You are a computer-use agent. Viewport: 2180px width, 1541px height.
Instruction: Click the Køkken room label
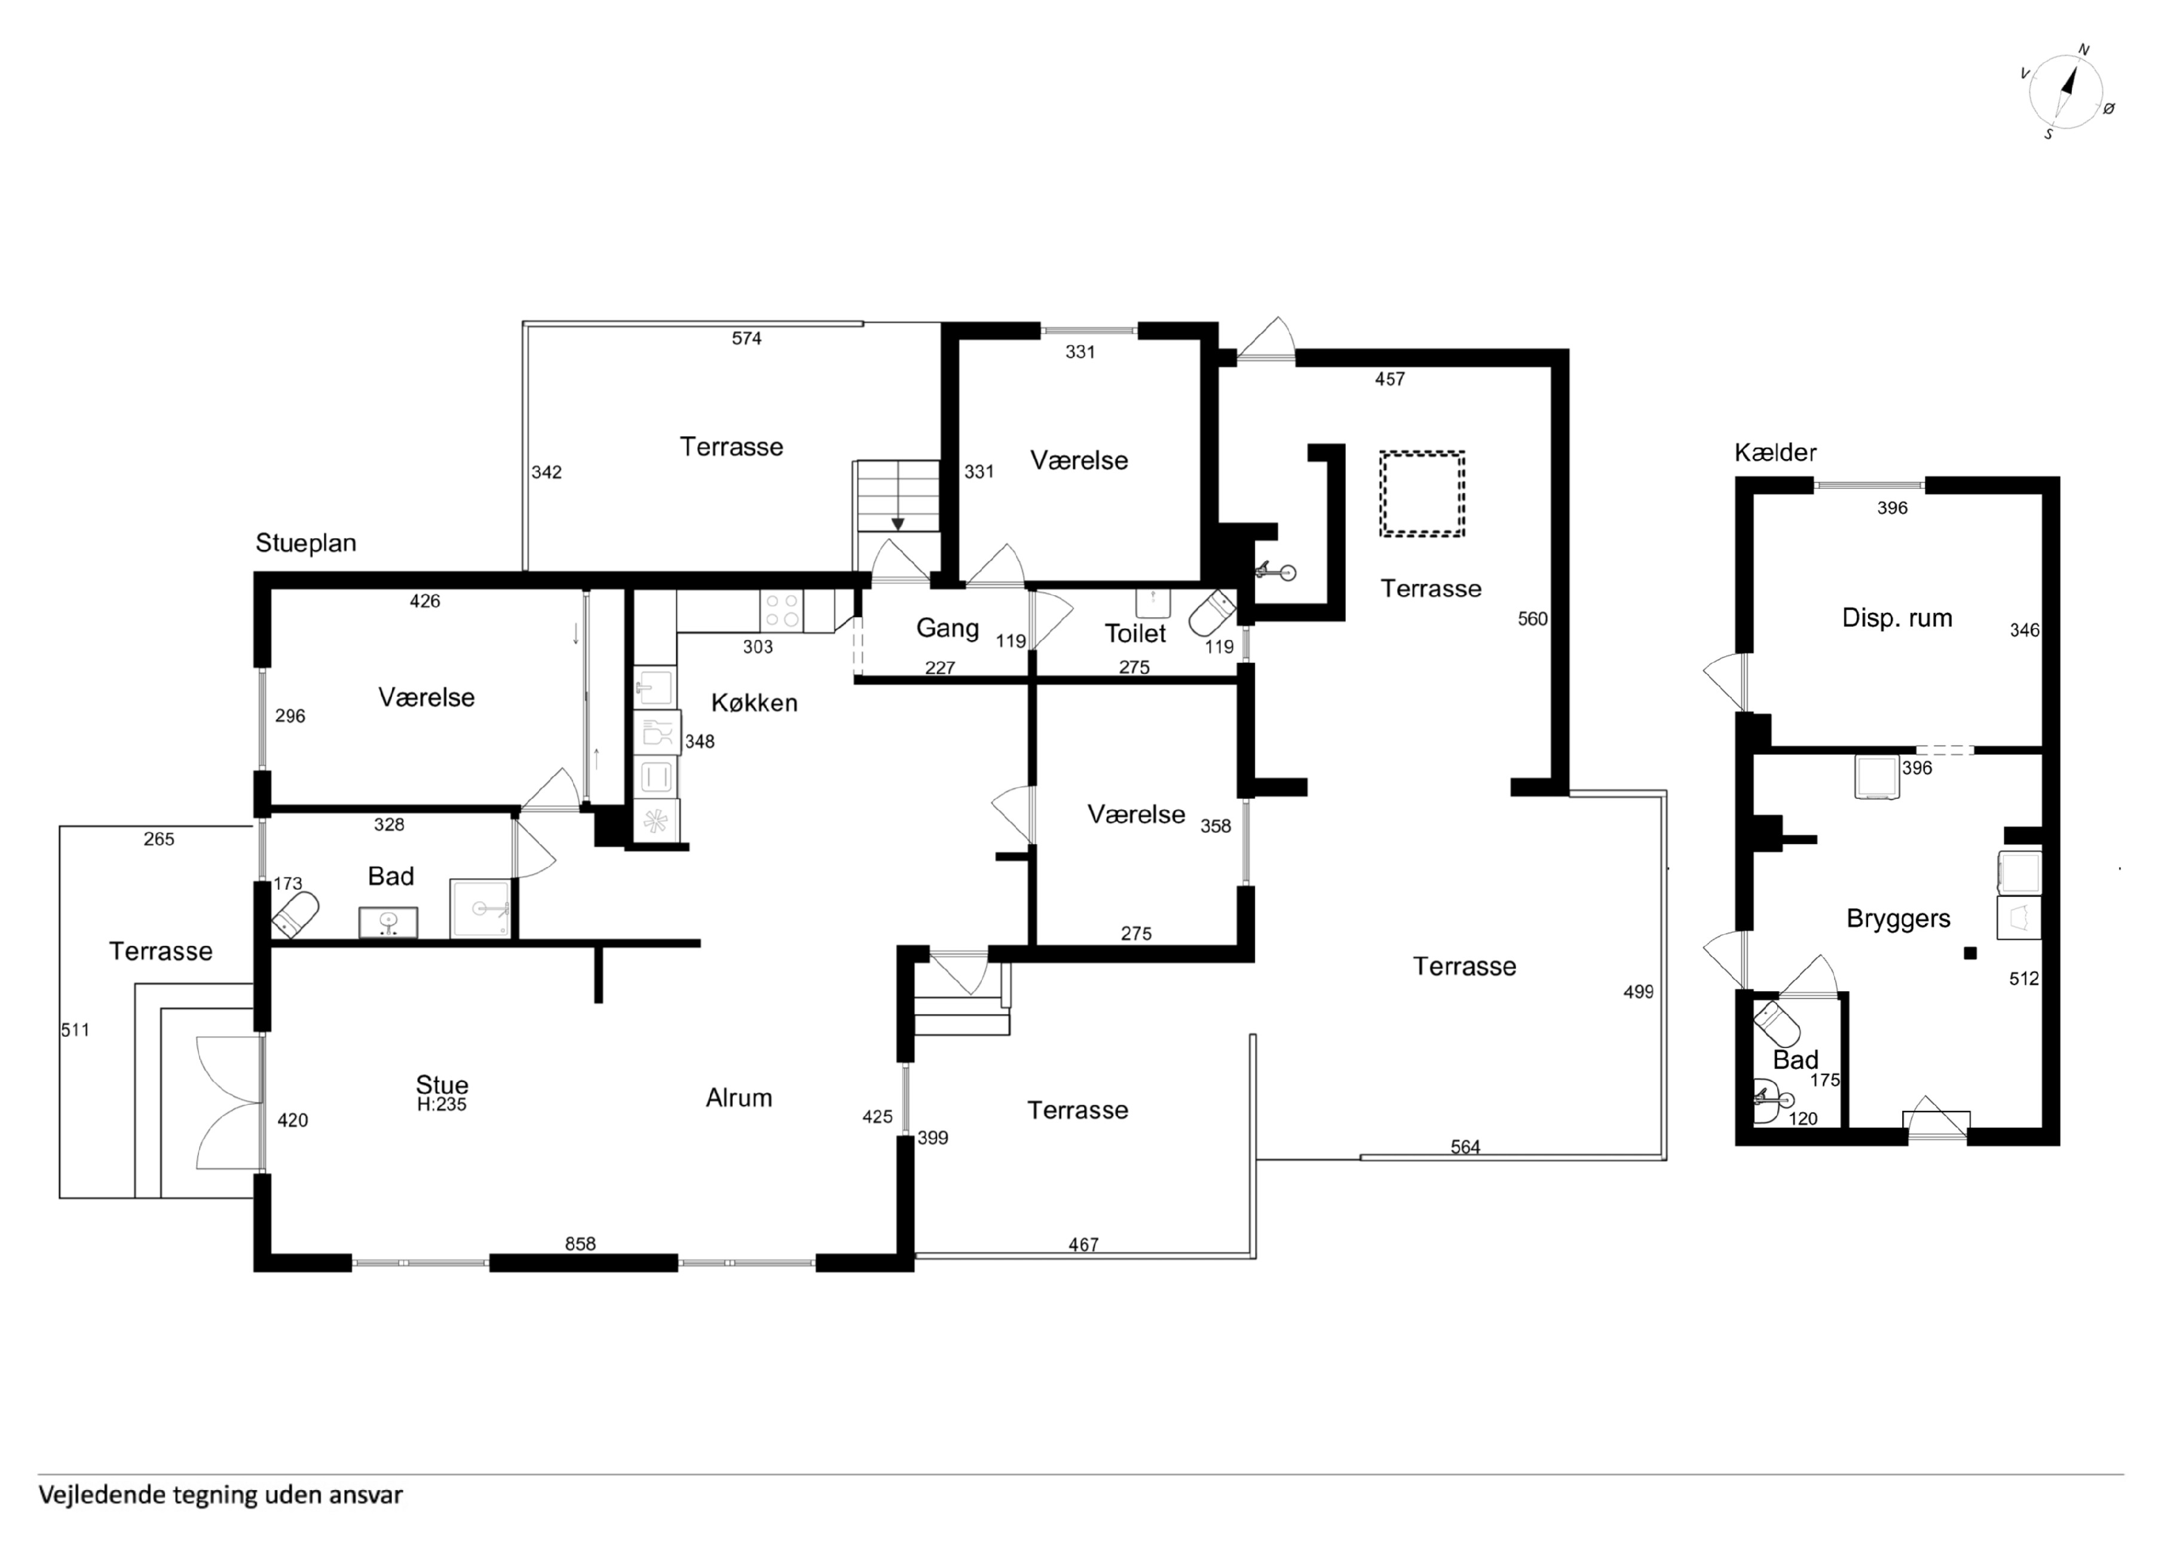(x=754, y=703)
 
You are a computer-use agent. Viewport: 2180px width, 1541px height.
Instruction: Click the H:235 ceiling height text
(x=442, y=1105)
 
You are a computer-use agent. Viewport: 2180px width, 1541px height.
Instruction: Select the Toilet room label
(x=1135, y=633)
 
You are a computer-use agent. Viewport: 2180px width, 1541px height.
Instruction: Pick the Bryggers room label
(x=1898, y=918)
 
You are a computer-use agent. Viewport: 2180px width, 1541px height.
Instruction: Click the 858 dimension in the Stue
(x=580, y=1244)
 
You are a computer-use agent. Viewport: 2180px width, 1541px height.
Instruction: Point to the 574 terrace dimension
(x=746, y=338)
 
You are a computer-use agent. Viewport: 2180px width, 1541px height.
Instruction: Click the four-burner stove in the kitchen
(x=782, y=611)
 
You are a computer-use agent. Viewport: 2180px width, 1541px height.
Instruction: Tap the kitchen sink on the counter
(x=655, y=687)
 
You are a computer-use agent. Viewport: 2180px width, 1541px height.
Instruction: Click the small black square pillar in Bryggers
(x=1970, y=953)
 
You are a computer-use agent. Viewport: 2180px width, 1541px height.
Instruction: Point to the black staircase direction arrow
(x=897, y=524)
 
